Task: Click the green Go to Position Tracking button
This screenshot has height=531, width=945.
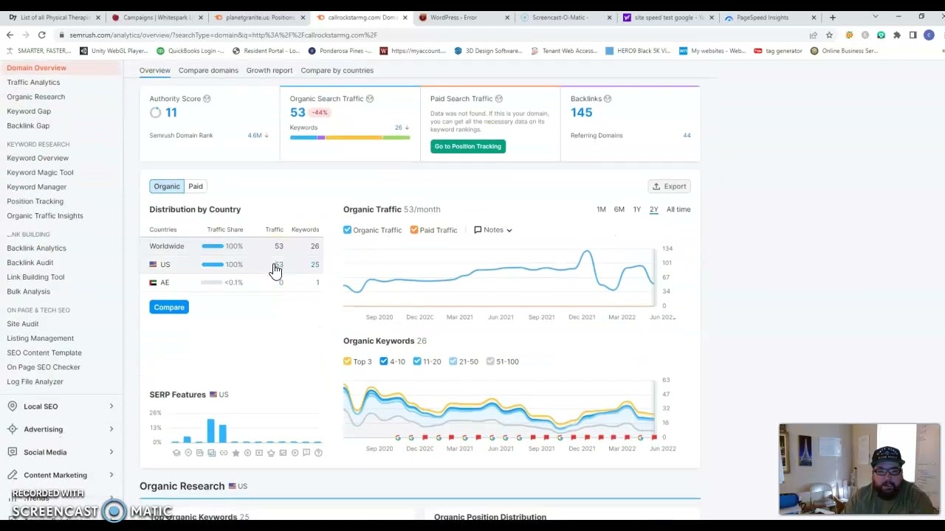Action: point(467,146)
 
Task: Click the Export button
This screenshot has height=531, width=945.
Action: point(669,187)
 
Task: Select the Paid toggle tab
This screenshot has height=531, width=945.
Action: point(196,187)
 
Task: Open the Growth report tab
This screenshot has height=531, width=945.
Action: point(269,70)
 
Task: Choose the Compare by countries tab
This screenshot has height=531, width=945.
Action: point(337,70)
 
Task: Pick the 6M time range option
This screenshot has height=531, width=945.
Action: point(619,209)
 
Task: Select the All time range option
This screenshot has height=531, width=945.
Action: point(678,209)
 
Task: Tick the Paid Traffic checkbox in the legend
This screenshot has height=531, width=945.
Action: point(414,230)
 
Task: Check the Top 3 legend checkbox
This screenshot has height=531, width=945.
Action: point(348,361)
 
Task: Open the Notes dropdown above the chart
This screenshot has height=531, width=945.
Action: point(493,230)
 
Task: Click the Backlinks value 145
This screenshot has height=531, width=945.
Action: point(581,112)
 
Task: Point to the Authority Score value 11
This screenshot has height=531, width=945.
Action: point(171,112)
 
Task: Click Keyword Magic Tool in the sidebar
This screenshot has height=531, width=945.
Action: point(40,173)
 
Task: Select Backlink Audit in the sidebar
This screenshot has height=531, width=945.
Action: point(30,263)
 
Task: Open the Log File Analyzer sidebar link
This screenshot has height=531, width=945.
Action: point(35,381)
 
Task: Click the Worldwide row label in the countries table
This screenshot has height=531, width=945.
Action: point(167,246)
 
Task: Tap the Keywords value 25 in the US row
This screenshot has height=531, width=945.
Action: point(315,264)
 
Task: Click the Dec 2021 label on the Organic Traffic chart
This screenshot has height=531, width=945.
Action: point(582,317)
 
